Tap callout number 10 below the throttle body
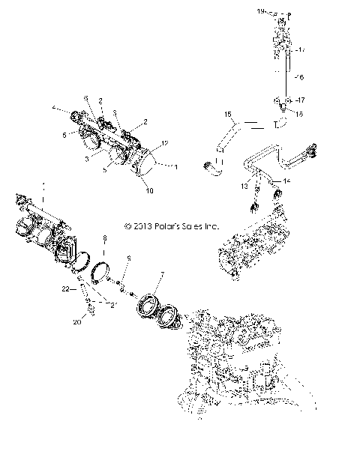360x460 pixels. click(149, 191)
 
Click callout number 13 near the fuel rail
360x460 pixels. click(244, 185)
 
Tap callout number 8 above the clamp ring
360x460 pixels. click(104, 237)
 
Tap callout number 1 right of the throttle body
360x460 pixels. click(175, 166)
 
